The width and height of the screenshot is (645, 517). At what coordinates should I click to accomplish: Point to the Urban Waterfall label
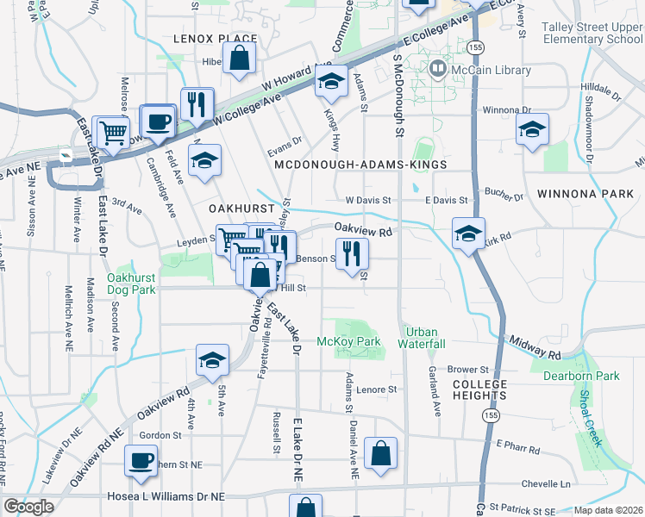click(421, 337)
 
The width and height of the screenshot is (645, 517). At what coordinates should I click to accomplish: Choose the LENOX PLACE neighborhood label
click(215, 39)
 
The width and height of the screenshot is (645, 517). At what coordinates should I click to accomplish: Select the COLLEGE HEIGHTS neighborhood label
click(479, 389)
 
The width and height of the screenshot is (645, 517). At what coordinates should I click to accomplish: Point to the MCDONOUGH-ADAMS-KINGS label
click(360, 164)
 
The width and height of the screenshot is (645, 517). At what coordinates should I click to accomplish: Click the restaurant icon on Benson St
click(351, 252)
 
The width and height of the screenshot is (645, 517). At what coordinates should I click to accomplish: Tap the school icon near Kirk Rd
click(468, 232)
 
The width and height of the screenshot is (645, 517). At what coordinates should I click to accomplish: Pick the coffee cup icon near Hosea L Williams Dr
click(141, 459)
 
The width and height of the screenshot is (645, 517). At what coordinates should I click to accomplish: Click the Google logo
click(28, 507)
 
